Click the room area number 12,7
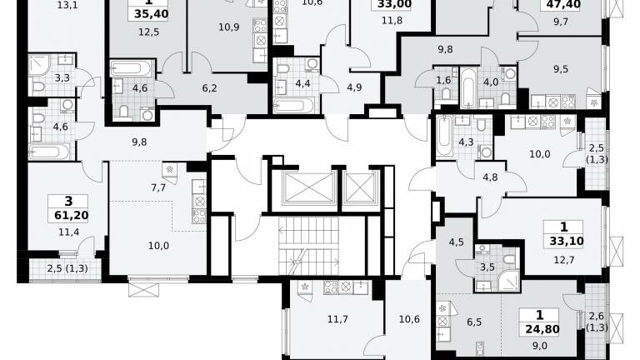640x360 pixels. pyautogui.click(x=564, y=260)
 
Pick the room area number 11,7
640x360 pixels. pyautogui.click(x=337, y=319)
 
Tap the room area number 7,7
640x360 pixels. pyautogui.click(x=158, y=187)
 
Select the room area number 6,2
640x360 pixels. pyautogui.click(x=209, y=87)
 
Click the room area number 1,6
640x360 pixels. pyautogui.click(x=443, y=80)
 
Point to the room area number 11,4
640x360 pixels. pyautogui.click(x=69, y=232)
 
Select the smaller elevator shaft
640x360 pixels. pyautogui.click(x=360, y=187)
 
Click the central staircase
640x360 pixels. pyautogui.click(x=309, y=246)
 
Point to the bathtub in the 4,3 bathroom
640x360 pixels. pyautogui.click(x=444, y=137)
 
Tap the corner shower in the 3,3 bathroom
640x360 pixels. pyautogui.click(x=40, y=64)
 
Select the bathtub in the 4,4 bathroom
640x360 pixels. pyautogui.click(x=294, y=105)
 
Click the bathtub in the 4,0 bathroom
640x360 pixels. pyautogui.click(x=468, y=87)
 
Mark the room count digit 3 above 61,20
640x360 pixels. pyautogui.click(x=68, y=201)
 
